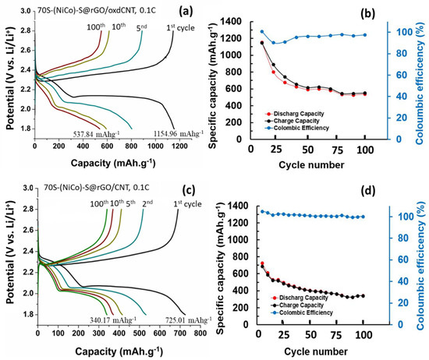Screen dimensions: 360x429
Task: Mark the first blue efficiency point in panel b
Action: [262, 32]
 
